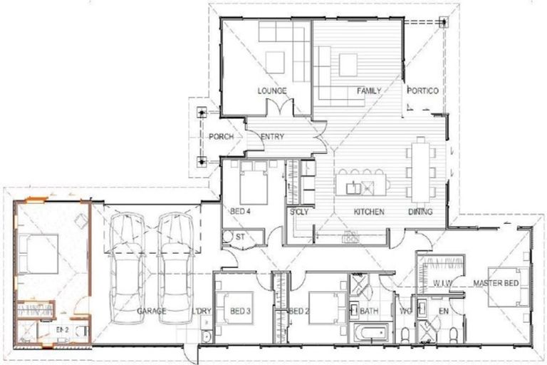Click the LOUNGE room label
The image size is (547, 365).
pyautogui.click(x=272, y=91)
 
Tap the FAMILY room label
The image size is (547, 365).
pyautogui.click(x=368, y=91)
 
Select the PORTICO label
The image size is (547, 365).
pyautogui.click(x=422, y=91)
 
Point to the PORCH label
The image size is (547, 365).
pyautogui.click(x=217, y=137)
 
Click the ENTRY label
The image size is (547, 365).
pyautogui.click(x=272, y=137)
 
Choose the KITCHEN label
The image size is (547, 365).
pyautogui.click(x=369, y=212)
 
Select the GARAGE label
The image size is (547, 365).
pyautogui.click(x=152, y=312)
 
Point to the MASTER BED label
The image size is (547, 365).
pyautogui.click(x=496, y=283)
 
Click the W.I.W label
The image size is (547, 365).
pyautogui.click(x=444, y=283)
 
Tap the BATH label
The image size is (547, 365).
pyautogui.click(x=369, y=312)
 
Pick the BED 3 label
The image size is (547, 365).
pyautogui.click(x=242, y=312)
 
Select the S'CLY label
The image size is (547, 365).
pyautogui.click(x=298, y=212)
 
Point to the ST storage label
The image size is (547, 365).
pyautogui.click(x=240, y=236)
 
